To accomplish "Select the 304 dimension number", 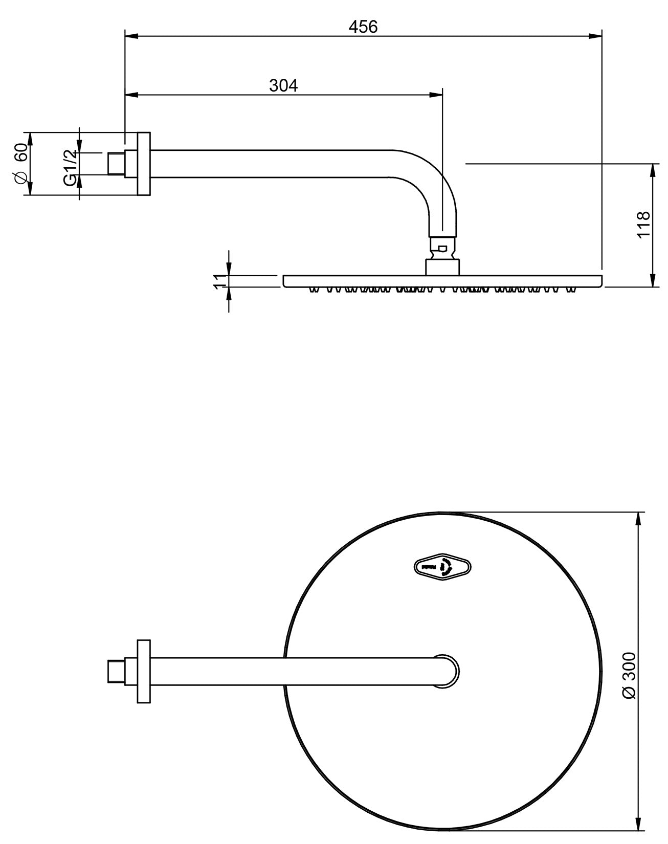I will (x=283, y=85).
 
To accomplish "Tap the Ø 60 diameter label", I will (x=20, y=164).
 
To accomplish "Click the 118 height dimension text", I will (x=643, y=224).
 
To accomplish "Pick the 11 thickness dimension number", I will (x=219, y=281).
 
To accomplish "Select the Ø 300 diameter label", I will (x=629, y=675).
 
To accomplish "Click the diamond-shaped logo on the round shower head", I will (x=442, y=567).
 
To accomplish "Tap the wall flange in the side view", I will (x=144, y=164).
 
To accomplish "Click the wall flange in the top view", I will (x=144, y=671).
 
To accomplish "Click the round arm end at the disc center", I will (x=446, y=671).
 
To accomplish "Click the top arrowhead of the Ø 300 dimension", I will (x=638, y=517).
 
